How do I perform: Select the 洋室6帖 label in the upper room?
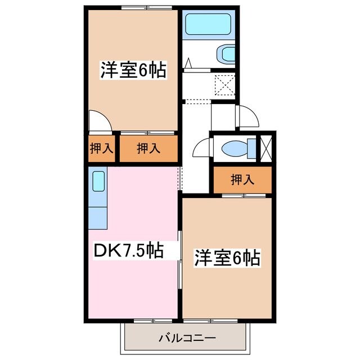(133, 71)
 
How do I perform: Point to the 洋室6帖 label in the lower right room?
(227, 258)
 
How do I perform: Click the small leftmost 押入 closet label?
(102, 149)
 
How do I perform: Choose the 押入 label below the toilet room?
(243, 180)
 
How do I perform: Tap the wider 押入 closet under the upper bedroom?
(148, 149)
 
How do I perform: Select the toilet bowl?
(234, 149)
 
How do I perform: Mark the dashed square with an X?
(225, 86)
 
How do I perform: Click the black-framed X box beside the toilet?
(265, 148)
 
